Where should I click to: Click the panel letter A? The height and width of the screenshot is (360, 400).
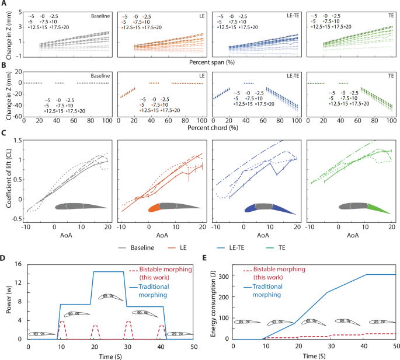[4, 4]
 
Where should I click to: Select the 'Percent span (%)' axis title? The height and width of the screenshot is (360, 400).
[216, 61]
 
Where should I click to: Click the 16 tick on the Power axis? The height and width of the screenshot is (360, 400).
[20, 264]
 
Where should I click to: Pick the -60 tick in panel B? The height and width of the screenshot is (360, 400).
[17, 117]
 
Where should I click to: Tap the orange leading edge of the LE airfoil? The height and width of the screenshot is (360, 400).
[154, 208]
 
